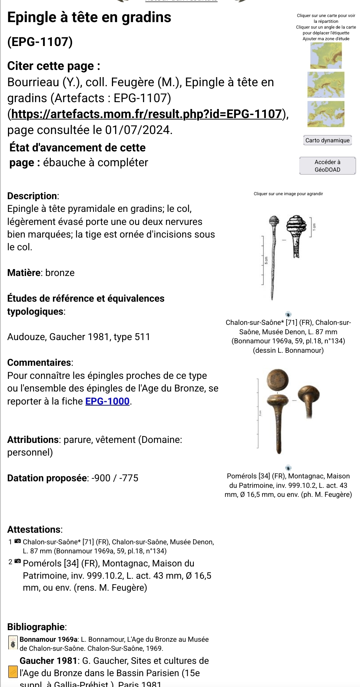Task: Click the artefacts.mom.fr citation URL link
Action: coord(147,114)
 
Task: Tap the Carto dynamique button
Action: coord(327,141)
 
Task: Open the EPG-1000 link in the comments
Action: coord(107,401)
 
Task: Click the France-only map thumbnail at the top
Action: coord(326,56)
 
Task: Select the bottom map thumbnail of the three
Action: coord(326,114)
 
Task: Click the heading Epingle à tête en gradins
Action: coord(89,17)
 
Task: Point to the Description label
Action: coord(32,196)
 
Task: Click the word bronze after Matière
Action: coord(60,273)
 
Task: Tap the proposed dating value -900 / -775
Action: coord(115,478)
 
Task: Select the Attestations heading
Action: coord(34,529)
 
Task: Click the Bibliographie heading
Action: coord(36,627)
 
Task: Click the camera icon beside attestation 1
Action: coord(17,541)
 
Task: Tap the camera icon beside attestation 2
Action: coord(17,562)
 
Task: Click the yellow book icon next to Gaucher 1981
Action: coord(13,672)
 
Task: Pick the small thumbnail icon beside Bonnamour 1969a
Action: coord(13,643)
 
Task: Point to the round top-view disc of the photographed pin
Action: coord(278,380)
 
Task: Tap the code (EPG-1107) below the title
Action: coord(40,42)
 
